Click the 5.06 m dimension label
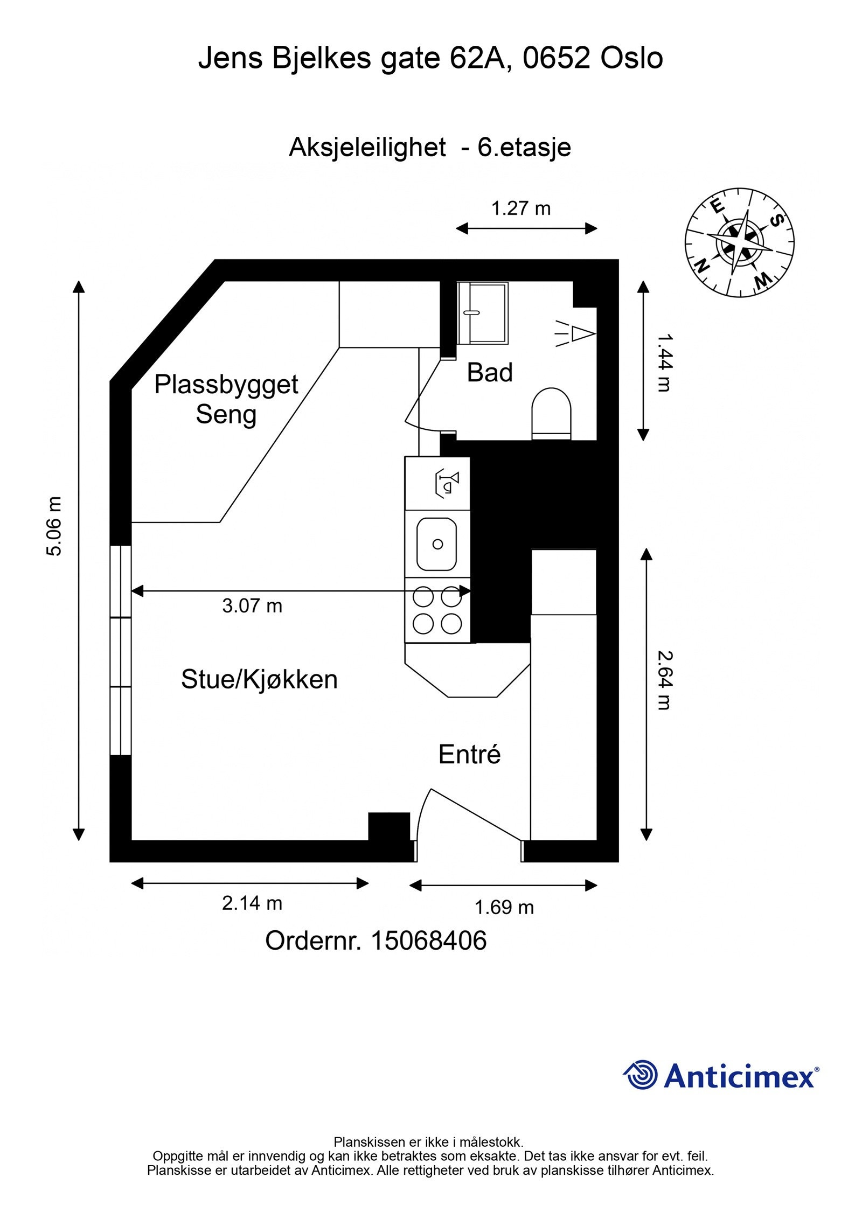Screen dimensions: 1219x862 pyautogui.click(x=54, y=526)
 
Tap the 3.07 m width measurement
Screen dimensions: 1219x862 pyautogui.click(x=252, y=606)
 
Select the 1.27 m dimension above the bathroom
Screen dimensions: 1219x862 pyautogui.click(x=521, y=208)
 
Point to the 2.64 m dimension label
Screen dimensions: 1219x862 pyautogui.click(x=666, y=681)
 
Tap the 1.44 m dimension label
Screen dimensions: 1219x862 pyautogui.click(x=666, y=363)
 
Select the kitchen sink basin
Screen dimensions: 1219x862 pyautogui.click(x=436, y=544)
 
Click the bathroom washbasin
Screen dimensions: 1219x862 pyautogui.click(x=483, y=312)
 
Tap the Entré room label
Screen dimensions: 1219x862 pyautogui.click(x=469, y=754)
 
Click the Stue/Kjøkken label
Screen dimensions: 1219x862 pyautogui.click(x=259, y=679)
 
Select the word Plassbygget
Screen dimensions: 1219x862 pyautogui.click(x=226, y=385)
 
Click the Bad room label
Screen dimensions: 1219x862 pyautogui.click(x=489, y=373)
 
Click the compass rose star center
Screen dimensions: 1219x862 pyautogui.click(x=740, y=242)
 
